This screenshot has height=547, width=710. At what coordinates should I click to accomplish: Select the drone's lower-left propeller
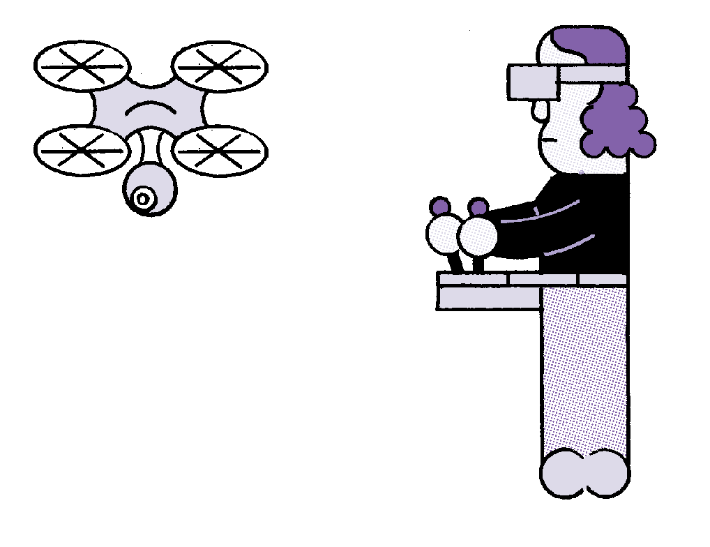(x=82, y=151)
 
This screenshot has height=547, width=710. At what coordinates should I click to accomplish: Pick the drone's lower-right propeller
(x=219, y=151)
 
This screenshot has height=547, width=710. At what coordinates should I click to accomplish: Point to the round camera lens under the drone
(x=143, y=198)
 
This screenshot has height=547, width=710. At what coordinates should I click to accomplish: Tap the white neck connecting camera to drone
(x=150, y=147)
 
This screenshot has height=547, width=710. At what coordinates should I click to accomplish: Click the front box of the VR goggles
(x=534, y=82)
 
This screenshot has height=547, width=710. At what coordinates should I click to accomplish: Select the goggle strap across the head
(x=592, y=74)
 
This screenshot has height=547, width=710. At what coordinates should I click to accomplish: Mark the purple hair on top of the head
(x=593, y=43)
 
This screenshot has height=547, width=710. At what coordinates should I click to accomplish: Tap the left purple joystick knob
(x=440, y=207)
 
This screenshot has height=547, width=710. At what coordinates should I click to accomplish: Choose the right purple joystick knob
(x=478, y=207)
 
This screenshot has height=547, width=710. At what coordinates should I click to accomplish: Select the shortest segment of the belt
(x=603, y=279)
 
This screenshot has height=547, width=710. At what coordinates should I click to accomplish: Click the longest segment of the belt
(x=472, y=279)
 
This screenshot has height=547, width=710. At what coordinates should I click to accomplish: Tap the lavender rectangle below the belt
(x=490, y=298)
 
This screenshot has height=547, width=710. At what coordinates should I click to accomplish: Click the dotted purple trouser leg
(x=584, y=370)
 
